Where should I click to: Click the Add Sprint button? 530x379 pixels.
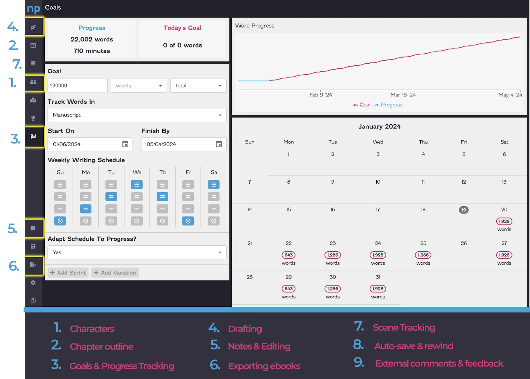pos(68,273)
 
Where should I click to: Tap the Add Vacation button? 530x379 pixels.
pos(115,273)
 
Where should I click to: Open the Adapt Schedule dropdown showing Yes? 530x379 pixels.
pos(137,252)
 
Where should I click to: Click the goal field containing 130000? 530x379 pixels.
pos(78,86)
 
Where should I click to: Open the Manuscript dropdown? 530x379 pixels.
pos(137,115)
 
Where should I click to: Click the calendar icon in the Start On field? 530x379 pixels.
pos(125,144)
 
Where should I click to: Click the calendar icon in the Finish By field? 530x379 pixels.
pos(219,144)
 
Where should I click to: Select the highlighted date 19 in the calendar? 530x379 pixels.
pos(464,210)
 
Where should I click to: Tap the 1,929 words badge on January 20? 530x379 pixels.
pos(504,221)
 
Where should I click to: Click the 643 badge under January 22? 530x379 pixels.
pos(289,255)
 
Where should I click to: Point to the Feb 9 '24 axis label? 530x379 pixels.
pos(321,95)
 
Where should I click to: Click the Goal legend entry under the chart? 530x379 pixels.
pos(361,105)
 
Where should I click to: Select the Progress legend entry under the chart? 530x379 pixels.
pos(388,105)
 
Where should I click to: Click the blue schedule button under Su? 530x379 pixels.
pos(60,221)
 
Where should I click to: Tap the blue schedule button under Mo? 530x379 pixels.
pos(86,209)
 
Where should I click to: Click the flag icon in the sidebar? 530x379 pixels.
pos(33,136)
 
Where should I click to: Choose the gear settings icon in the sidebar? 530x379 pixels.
pos(33,283)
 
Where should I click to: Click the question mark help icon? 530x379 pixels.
pos(33,301)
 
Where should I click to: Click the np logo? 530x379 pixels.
pos(33,9)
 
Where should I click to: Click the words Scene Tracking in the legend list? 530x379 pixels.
pos(404,328)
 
